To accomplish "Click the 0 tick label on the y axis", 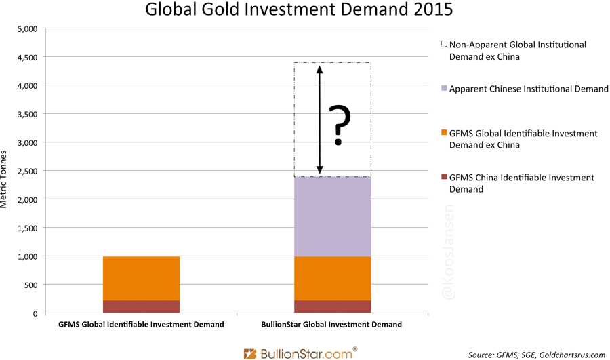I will (35, 314).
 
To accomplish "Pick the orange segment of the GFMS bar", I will (141, 278).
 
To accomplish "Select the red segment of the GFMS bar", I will (141, 306).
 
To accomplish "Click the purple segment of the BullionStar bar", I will (332, 216).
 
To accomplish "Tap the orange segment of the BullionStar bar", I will (332, 278).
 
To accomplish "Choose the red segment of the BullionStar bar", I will (332, 306).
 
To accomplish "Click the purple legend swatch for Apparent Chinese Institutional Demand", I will (444, 89).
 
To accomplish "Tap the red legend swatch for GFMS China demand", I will (444, 178).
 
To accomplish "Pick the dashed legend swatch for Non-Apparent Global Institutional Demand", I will (444, 45).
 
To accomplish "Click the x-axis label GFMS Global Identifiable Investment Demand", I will (141, 325).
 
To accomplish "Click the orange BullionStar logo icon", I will (250, 353).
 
